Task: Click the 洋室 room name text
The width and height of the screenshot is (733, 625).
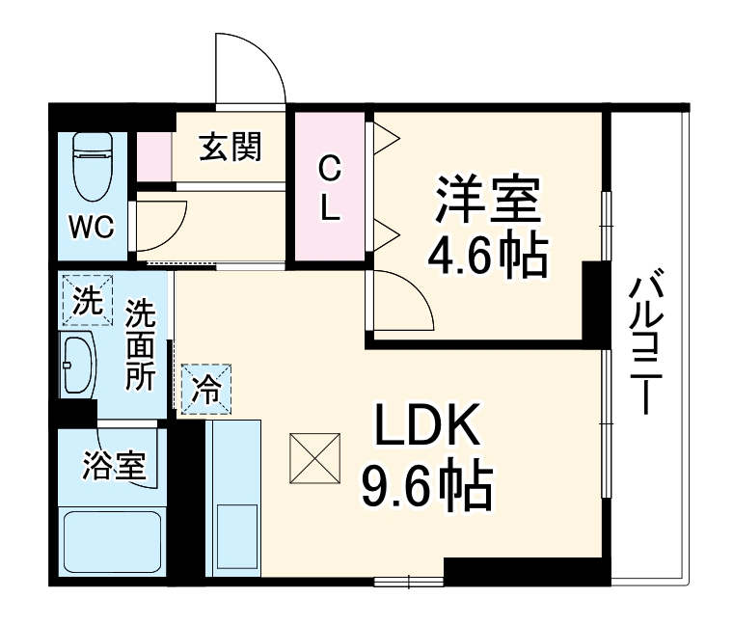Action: click(487, 201)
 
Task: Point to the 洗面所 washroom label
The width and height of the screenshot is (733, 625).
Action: click(141, 344)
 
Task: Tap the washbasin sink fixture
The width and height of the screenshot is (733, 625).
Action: click(79, 366)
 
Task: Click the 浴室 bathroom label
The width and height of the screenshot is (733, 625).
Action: click(114, 467)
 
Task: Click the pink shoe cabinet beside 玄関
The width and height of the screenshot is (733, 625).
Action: click(153, 154)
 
